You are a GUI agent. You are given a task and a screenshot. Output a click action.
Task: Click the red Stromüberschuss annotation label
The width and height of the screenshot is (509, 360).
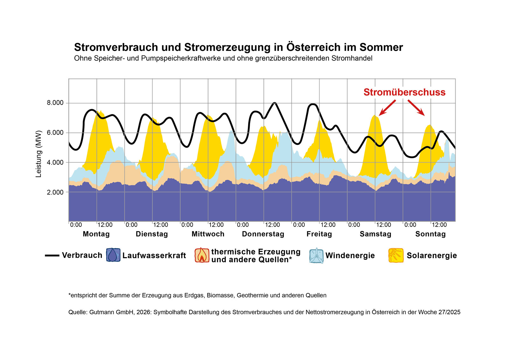[404, 92]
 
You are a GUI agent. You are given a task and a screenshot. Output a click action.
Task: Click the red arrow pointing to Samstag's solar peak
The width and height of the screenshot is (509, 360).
[387, 108]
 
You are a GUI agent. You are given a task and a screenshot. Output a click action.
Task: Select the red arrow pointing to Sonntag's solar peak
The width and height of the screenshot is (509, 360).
[416, 108]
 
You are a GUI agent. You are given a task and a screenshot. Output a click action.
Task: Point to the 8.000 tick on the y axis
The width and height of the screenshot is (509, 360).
[55, 103]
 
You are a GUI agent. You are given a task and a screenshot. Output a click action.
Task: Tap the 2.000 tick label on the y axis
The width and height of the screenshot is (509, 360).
[55, 192]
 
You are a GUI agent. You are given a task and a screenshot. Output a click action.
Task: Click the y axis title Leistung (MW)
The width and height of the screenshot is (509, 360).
[39, 154]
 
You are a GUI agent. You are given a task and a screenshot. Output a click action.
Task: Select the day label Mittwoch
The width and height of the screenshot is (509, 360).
[208, 234]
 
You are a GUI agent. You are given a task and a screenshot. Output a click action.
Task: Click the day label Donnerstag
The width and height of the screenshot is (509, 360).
[263, 234]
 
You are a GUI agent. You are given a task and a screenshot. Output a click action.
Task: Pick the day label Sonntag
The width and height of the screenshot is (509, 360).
[430, 234]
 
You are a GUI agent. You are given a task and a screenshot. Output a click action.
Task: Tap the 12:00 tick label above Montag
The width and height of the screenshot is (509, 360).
[105, 225]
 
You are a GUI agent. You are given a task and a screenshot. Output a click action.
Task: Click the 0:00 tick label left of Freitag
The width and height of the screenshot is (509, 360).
[299, 225]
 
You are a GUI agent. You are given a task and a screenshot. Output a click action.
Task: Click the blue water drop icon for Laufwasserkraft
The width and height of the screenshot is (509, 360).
[113, 255]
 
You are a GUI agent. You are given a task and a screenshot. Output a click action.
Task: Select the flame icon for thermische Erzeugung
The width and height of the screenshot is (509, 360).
[202, 255]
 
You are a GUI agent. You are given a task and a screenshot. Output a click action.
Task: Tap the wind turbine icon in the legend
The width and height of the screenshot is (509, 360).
[316, 256]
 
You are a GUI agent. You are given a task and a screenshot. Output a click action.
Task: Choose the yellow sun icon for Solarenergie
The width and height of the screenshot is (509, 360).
[396, 255]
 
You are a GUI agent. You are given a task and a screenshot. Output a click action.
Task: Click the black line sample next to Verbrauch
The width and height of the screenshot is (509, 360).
[52, 255]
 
